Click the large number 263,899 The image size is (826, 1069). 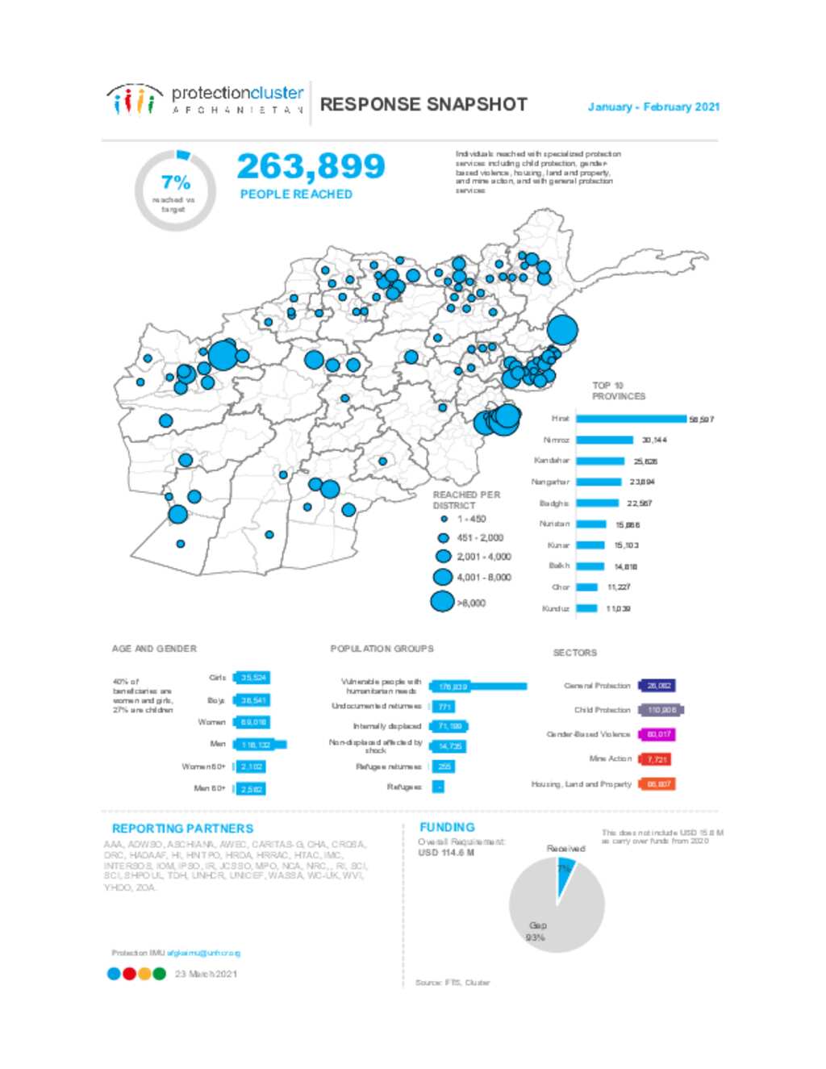pos(311,167)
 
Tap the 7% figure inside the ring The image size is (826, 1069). pos(175,182)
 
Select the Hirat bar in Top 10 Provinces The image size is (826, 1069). pos(631,419)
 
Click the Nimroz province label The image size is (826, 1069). pos(556,441)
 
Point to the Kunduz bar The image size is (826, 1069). pos(586,608)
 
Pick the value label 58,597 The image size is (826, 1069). pos(701,420)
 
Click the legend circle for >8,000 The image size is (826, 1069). pos(442,602)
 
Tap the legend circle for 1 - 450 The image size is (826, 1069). pos(444,519)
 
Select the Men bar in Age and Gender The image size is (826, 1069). pos(259,745)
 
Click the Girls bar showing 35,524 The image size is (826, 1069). pos(251,678)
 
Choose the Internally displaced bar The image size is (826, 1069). pos(449,726)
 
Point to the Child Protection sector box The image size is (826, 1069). pos(661,710)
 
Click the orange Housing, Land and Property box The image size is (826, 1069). pos(657,784)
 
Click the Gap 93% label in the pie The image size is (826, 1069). pos(536,931)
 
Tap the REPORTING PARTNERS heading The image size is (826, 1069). pos(182,829)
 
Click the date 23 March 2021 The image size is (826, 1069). pos(206,974)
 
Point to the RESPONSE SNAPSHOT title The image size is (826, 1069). pos(423,105)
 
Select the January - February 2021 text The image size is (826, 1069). pos(653,106)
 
